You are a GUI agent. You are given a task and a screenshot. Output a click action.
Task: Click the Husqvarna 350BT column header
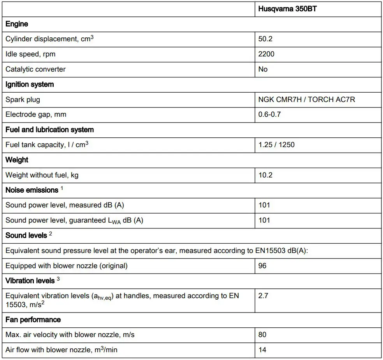[x=287, y=9]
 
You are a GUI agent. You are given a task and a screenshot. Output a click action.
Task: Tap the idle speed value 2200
[x=266, y=54]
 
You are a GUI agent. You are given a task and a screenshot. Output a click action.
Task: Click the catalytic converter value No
[x=263, y=69]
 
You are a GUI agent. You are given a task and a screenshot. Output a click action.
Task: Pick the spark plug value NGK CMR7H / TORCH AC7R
[x=306, y=100]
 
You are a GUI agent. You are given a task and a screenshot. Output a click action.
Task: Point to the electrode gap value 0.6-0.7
[x=269, y=114]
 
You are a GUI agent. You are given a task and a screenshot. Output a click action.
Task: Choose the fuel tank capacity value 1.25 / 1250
[x=276, y=145]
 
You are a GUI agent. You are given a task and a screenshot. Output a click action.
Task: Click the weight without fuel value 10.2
[x=265, y=175]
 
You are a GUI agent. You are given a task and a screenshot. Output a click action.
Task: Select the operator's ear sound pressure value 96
[x=262, y=266]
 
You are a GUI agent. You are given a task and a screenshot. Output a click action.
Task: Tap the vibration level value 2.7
[x=263, y=296]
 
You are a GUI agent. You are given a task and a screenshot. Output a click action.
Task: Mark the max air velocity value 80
[x=262, y=335]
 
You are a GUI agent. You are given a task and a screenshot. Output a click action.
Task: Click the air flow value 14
[x=262, y=350]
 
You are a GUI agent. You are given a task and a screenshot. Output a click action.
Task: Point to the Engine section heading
[x=17, y=24]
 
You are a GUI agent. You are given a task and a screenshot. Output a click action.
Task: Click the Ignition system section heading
[x=30, y=84]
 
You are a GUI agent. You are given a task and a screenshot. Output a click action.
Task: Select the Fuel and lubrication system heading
[x=49, y=130]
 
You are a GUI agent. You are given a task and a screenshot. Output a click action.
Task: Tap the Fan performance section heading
[x=33, y=320]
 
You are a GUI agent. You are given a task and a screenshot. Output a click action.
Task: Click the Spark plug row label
[x=23, y=100]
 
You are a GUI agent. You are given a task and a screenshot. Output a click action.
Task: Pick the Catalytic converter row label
[x=35, y=69]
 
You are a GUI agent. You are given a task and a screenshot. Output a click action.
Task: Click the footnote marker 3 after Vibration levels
[x=58, y=279]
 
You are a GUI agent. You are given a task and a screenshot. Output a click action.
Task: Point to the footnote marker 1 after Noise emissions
[x=61, y=188]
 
